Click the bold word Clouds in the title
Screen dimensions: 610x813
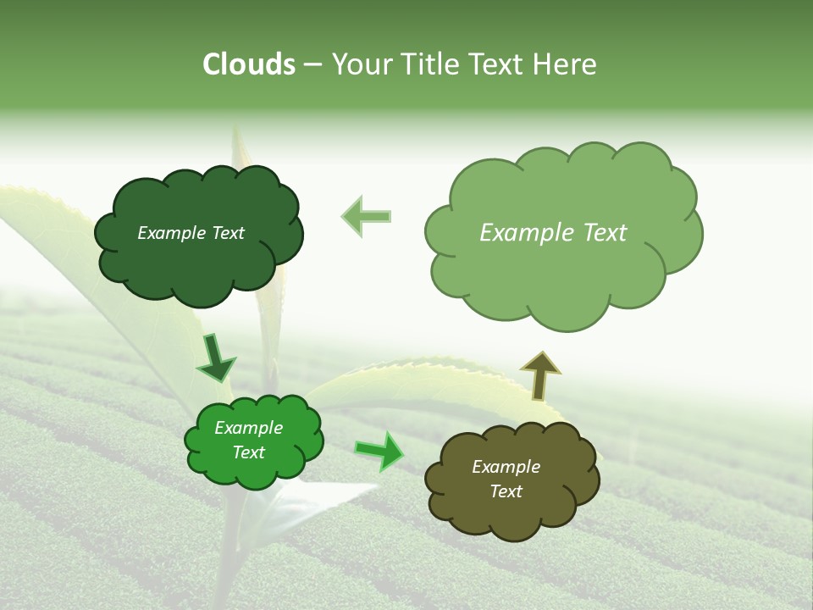(x=248, y=64)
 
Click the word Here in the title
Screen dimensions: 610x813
(x=564, y=64)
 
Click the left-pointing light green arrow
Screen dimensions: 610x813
(x=368, y=216)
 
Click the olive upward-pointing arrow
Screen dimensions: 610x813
(x=539, y=374)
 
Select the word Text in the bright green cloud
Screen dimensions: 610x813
(x=248, y=453)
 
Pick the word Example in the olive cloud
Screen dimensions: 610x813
(x=506, y=467)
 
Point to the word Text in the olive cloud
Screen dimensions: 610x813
(x=506, y=491)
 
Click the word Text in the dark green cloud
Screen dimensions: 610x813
(x=227, y=233)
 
